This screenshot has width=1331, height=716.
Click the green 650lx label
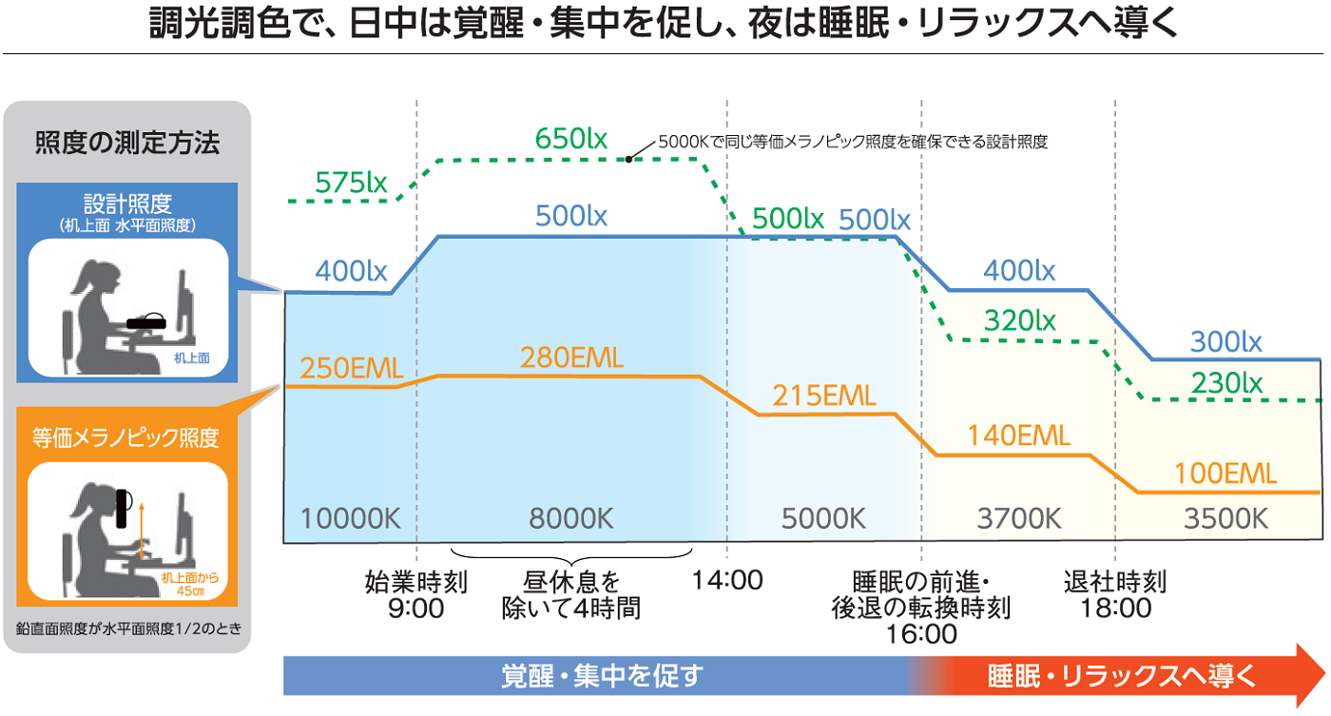pos(571,139)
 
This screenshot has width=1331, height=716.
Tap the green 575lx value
pos(352,183)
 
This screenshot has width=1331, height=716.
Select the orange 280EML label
pos(571,358)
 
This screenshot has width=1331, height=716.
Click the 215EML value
pos(824,396)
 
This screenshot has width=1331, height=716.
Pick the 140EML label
pos(1019,435)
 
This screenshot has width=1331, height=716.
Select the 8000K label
pos(571,519)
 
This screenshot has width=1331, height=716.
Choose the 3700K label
pos(1019,519)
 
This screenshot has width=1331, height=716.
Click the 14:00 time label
pos(727,580)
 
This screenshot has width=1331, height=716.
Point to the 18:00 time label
pos(1115,609)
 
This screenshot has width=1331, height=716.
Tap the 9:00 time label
pos(416,609)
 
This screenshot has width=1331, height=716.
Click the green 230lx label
pos(1226,382)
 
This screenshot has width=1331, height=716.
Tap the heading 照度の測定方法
pos(127,144)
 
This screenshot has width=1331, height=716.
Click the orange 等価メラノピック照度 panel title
pos(126,437)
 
